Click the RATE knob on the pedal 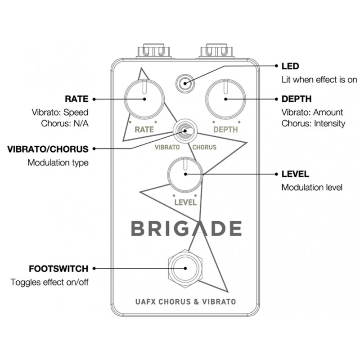point(144,99)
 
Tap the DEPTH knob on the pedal point(226,99)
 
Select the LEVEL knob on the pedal point(185,175)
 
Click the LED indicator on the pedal point(185,84)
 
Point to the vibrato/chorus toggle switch point(185,131)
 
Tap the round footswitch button point(185,268)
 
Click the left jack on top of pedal point(153,50)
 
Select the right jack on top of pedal point(217,50)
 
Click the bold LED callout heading point(290,66)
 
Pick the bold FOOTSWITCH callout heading point(58,269)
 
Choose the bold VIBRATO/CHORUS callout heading point(48,149)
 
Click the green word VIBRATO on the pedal point(167,147)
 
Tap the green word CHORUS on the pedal point(204,147)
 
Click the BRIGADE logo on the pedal point(186,229)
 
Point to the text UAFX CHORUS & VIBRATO point(185,301)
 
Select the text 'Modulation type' point(58,163)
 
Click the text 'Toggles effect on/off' point(49,282)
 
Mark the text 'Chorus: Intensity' point(313,123)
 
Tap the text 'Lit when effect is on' point(319,80)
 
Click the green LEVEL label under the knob point(185,202)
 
